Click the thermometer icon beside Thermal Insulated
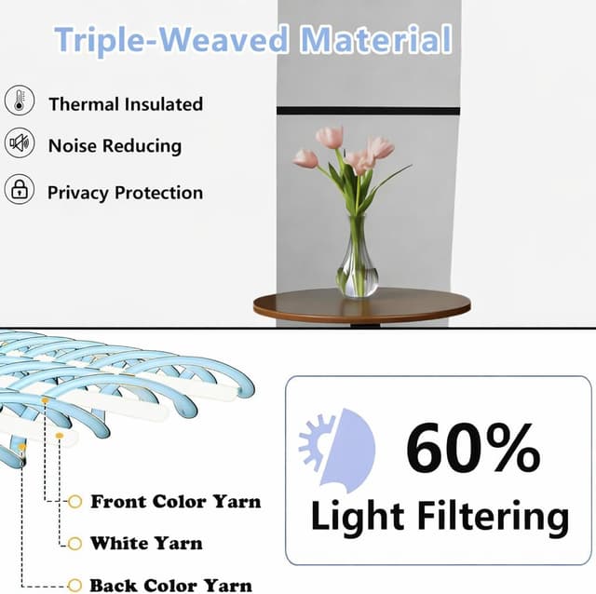coord(19,101)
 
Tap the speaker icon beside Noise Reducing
coord(19,144)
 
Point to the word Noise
coord(72,146)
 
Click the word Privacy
coord(78,193)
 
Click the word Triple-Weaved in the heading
coord(172,40)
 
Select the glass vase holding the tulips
coord(358,261)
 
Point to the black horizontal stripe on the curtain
coord(368,111)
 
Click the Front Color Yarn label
coord(175,502)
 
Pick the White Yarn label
coord(146,543)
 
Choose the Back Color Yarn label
coord(170,585)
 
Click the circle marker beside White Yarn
coord(75,543)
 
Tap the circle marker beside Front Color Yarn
coord(75,502)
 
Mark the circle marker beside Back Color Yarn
coord(75,585)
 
